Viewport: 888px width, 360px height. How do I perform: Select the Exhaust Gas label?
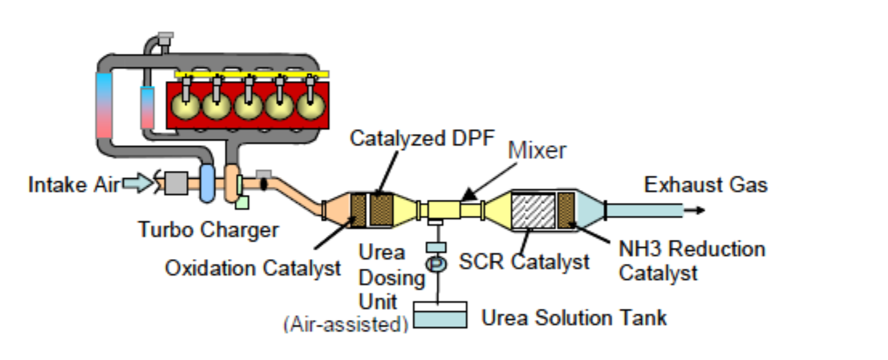[x=706, y=185]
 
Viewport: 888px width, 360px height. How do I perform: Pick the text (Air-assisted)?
[x=346, y=324]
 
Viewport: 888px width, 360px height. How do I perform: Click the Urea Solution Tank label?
[x=574, y=318]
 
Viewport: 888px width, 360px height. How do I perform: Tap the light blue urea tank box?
[x=440, y=315]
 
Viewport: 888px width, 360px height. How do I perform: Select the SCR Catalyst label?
[x=525, y=261]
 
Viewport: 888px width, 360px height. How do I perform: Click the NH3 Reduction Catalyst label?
[x=691, y=261]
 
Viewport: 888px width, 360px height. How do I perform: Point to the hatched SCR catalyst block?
[x=534, y=211]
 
